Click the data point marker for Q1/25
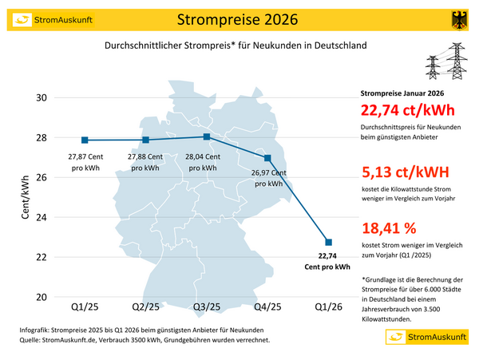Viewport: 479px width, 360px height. (85, 140)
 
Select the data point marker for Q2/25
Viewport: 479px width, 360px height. (145, 140)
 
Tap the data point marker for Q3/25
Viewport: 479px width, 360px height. (207, 136)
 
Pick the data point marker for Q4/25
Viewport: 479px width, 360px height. (267, 158)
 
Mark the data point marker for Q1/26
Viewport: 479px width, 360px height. (329, 242)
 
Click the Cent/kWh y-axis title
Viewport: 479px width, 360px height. (26, 197)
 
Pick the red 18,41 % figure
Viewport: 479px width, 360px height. (390, 229)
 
